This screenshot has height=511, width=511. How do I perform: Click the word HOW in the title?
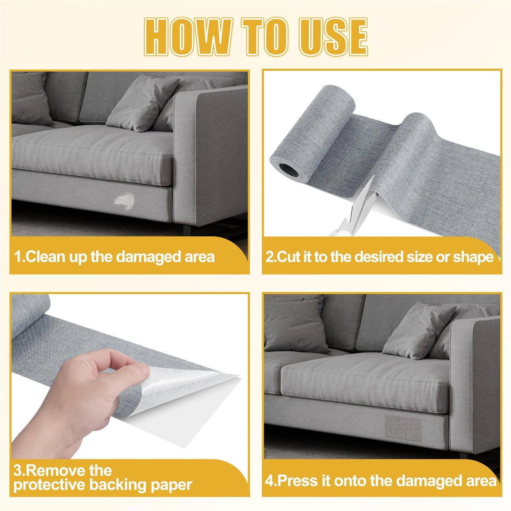pyautogui.click(x=188, y=37)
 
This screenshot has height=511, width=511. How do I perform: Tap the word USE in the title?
pyautogui.click(x=333, y=37)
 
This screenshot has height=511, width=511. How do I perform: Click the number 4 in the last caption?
pyautogui.click(x=269, y=474)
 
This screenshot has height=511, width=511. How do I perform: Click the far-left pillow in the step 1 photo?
pyautogui.click(x=30, y=98)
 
